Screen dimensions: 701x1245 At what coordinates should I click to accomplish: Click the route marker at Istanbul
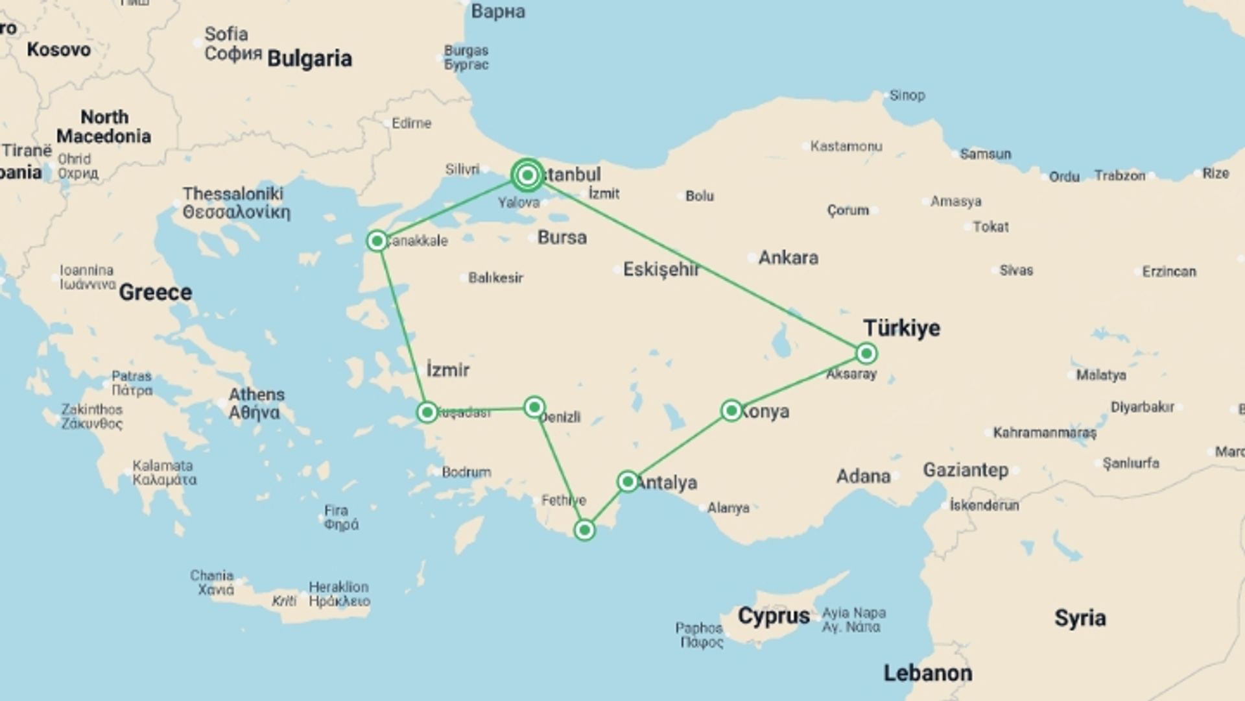[527, 175]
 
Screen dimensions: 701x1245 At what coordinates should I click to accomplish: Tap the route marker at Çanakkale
[377, 241]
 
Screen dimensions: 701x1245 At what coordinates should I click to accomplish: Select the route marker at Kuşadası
[427, 412]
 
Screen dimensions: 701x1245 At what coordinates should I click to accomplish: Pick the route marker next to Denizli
[534, 407]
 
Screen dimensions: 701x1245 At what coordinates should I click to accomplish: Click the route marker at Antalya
[627, 482]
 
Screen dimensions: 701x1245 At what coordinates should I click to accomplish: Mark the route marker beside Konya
[731, 410]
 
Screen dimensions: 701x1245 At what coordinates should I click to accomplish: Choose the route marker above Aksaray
[866, 353]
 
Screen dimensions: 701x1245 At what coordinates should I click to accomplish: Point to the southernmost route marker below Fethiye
[584, 530]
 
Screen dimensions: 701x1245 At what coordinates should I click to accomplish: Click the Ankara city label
[788, 258]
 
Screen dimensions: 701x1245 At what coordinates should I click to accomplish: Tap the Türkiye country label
[901, 328]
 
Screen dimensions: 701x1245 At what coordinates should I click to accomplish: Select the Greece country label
[155, 292]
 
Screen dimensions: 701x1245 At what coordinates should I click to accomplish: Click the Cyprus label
[774, 615]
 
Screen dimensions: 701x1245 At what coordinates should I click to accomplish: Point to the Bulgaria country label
[309, 58]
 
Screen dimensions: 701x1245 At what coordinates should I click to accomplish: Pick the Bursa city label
[562, 238]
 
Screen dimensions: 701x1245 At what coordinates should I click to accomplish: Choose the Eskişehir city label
[661, 269]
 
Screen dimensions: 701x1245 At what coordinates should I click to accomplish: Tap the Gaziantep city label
[966, 470]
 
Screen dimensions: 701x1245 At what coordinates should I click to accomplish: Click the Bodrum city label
[466, 472]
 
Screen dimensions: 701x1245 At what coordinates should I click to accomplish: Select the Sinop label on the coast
[907, 95]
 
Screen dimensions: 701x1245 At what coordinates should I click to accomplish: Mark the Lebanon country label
[927, 673]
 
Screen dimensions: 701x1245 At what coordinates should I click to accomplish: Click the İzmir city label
[447, 370]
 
